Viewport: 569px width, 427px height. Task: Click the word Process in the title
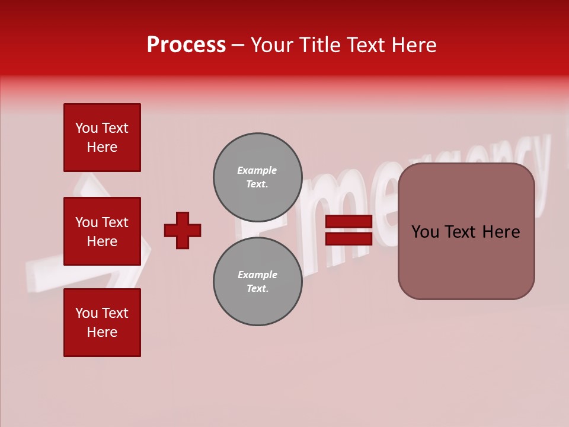[186, 45]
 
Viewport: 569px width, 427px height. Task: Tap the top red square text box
[102, 138]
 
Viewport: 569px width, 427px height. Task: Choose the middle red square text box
[102, 231]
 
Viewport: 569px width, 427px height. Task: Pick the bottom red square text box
[102, 323]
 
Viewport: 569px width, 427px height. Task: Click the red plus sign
[183, 230]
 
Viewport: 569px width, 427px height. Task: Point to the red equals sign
[349, 230]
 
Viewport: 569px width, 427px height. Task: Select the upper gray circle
[257, 177]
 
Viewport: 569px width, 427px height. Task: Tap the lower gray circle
[257, 282]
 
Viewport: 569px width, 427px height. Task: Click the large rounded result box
[466, 231]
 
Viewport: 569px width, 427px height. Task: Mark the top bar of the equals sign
[349, 222]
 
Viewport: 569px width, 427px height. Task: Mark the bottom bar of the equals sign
[349, 239]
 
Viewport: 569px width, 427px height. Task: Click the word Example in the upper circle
[257, 170]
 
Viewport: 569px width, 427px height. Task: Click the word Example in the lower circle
[257, 275]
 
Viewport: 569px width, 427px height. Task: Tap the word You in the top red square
[87, 128]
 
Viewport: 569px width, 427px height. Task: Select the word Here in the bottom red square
[102, 332]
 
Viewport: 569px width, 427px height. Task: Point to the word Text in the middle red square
[115, 222]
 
